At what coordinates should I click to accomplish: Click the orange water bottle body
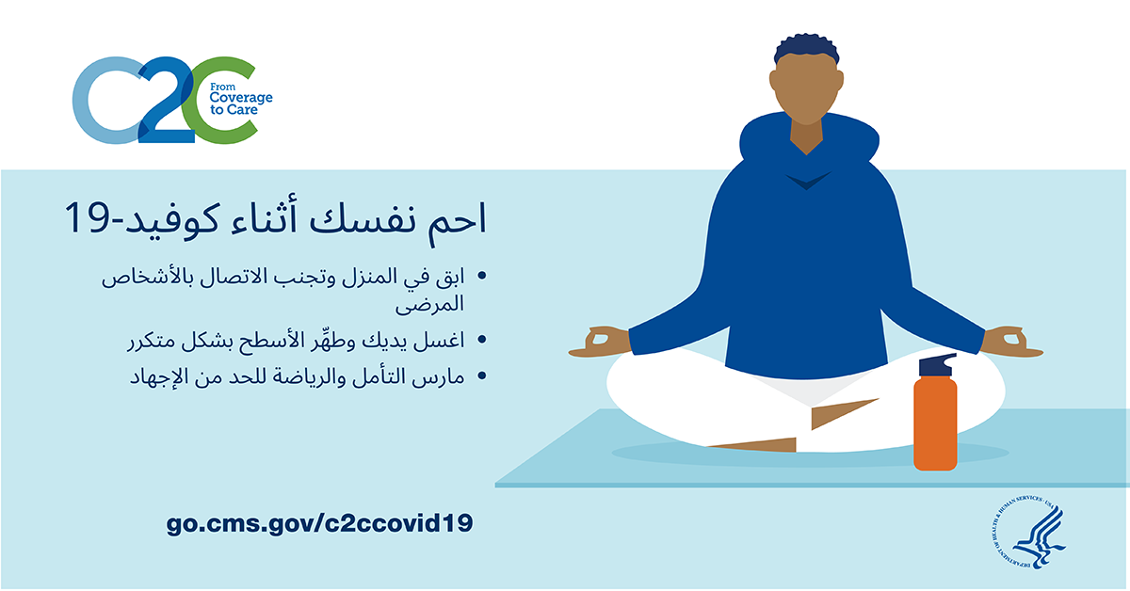point(935,423)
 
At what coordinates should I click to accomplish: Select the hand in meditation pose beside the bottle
point(1011,343)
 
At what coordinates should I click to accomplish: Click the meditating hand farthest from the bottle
point(601,343)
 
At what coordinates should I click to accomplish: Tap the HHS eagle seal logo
point(1028,533)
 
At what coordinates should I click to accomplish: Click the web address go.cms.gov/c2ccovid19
point(319,523)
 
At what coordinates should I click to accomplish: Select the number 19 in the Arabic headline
point(87,217)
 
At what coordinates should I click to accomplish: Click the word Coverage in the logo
point(241,98)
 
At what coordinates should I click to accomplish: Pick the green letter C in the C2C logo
point(220,101)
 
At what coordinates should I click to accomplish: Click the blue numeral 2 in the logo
point(166,101)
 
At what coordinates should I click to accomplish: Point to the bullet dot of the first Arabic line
point(482,276)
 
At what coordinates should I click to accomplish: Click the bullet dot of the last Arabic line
point(482,375)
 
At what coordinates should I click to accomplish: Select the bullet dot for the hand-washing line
point(482,340)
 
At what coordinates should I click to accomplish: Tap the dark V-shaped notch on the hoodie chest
point(807,182)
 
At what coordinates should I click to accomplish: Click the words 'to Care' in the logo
point(234,110)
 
